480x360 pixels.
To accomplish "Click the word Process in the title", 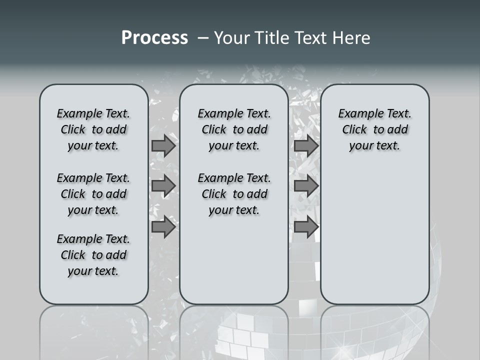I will click(x=154, y=38).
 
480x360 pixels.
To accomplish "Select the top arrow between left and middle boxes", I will click(x=163, y=145).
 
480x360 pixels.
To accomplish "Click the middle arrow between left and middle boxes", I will click(x=163, y=186).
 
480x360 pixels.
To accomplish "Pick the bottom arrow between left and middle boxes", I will click(x=163, y=227).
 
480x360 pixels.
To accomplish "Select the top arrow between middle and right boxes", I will click(x=306, y=145).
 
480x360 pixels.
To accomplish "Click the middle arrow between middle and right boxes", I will click(x=306, y=186).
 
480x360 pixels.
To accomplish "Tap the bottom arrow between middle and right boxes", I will click(x=306, y=227).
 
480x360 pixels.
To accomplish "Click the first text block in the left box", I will click(x=93, y=129).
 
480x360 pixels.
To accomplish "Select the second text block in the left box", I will click(x=93, y=194).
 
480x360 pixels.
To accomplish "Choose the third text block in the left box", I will click(x=93, y=255).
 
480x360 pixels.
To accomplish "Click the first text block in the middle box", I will click(x=234, y=129).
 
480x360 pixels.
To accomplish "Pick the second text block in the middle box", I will click(x=234, y=194).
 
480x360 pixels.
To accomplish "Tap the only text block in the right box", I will click(x=374, y=129).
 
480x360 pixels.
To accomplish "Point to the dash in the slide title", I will click(x=203, y=38).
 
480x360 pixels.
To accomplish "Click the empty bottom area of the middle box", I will click(x=234, y=265).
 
